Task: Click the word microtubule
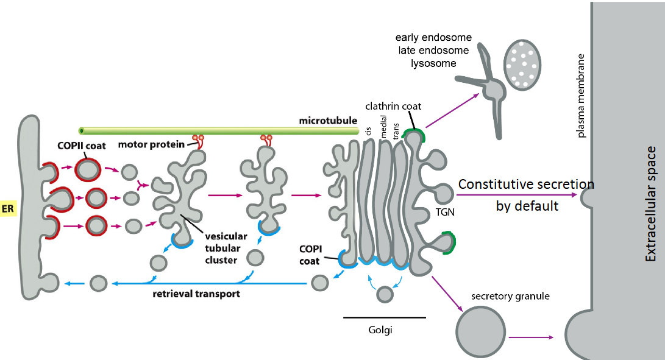click(x=327, y=121)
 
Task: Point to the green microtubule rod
click(x=213, y=130)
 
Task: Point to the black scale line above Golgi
click(x=384, y=317)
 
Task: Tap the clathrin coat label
click(x=393, y=106)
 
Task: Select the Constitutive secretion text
click(x=526, y=185)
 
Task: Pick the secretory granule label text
click(x=510, y=297)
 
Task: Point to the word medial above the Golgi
click(x=383, y=130)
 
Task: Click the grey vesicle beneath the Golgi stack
click(x=384, y=295)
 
